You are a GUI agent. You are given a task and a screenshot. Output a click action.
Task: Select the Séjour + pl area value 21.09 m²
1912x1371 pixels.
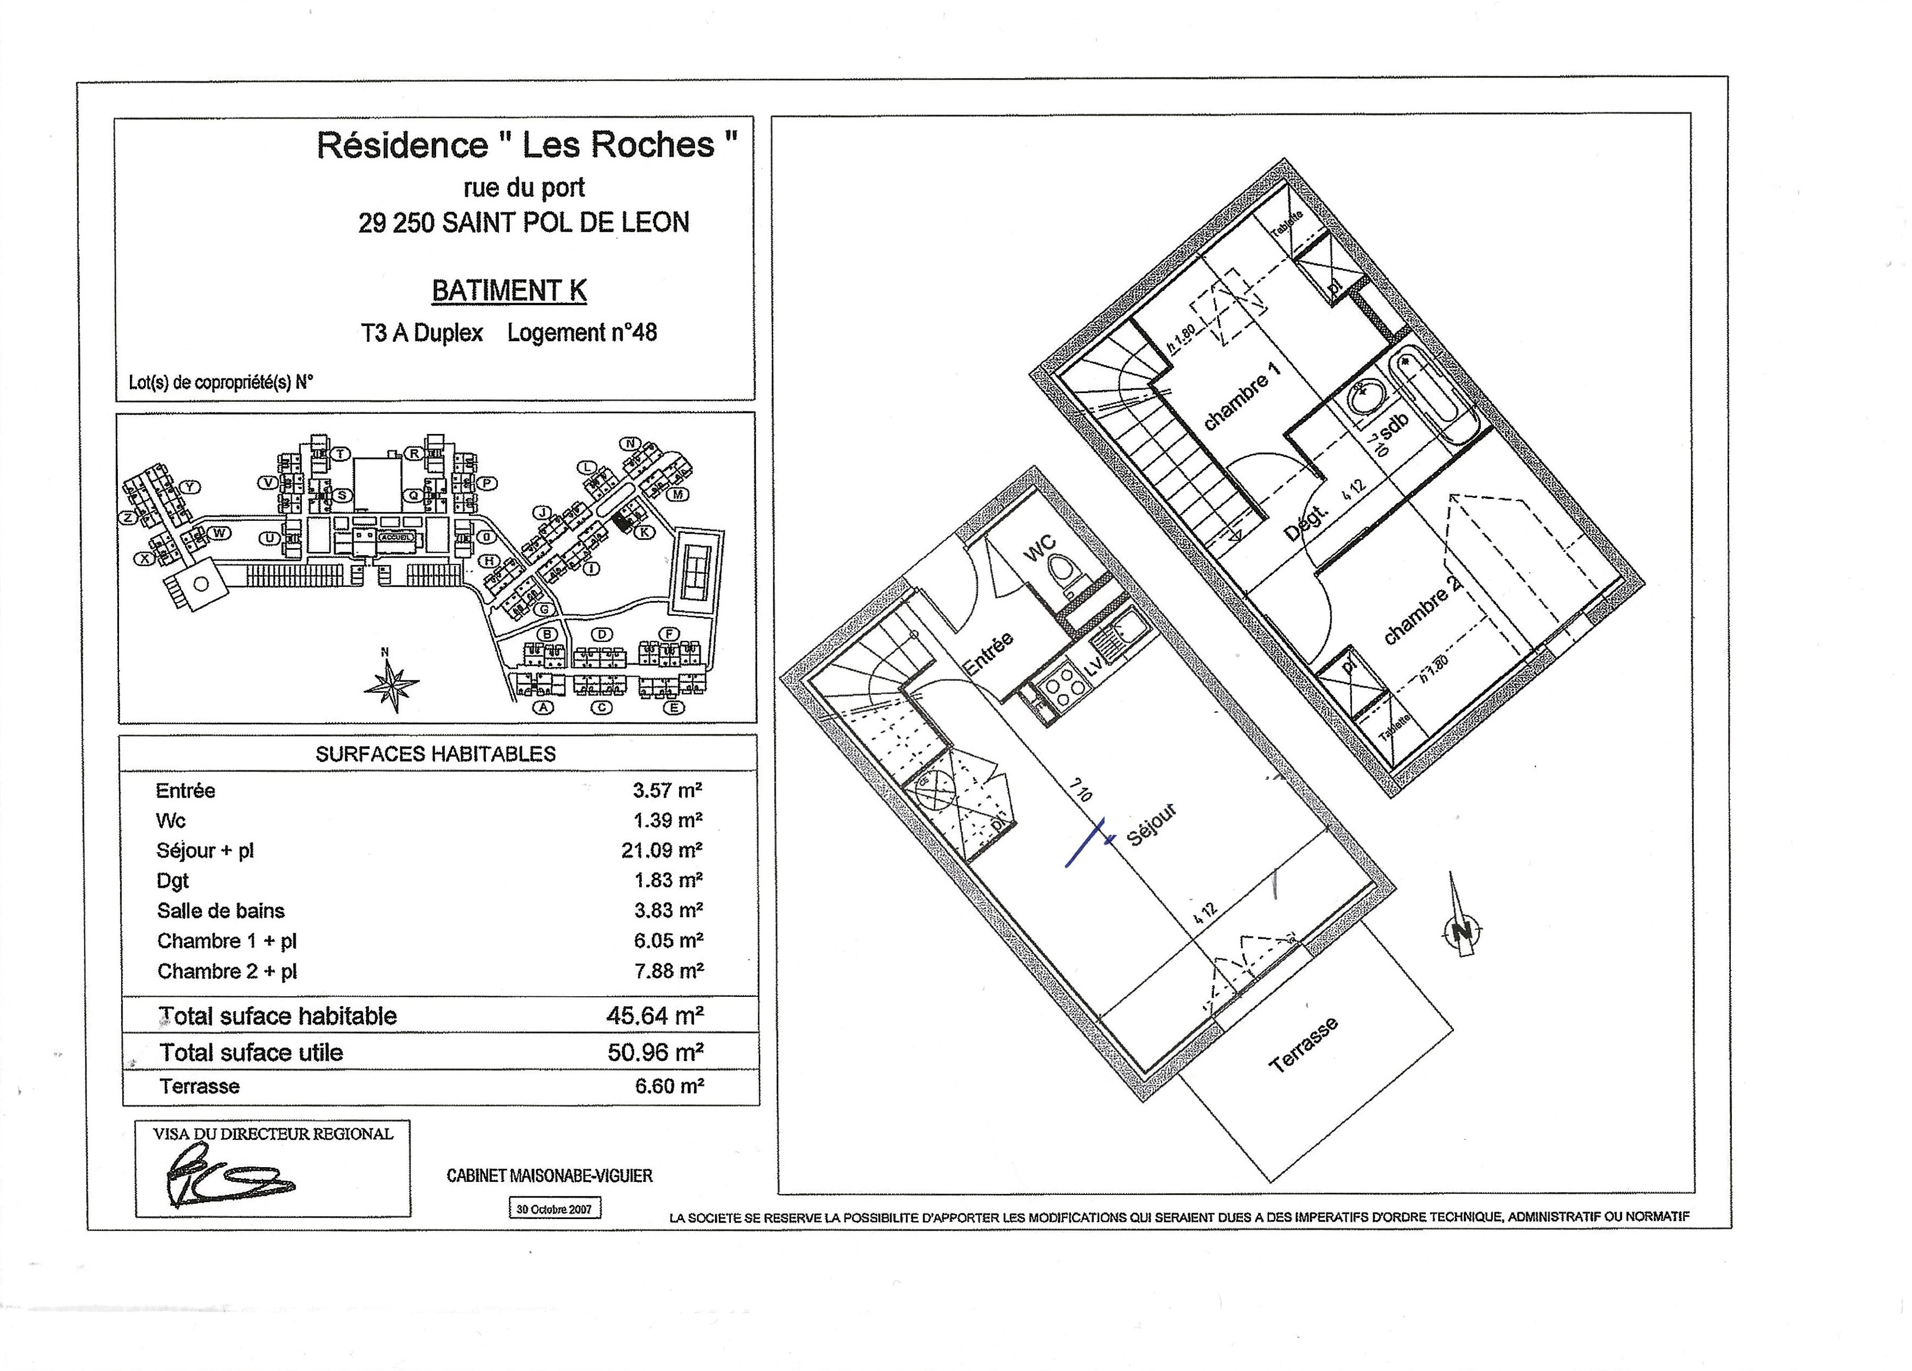click(x=662, y=850)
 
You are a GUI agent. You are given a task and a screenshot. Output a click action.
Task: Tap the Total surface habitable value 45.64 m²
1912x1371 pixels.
click(x=655, y=1015)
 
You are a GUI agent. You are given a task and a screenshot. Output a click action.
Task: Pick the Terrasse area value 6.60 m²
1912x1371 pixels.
click(x=669, y=1086)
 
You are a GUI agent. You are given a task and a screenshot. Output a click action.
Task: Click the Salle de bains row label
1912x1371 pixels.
click(x=221, y=911)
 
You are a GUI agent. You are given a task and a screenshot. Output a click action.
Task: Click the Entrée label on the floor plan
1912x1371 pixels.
click(x=988, y=654)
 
